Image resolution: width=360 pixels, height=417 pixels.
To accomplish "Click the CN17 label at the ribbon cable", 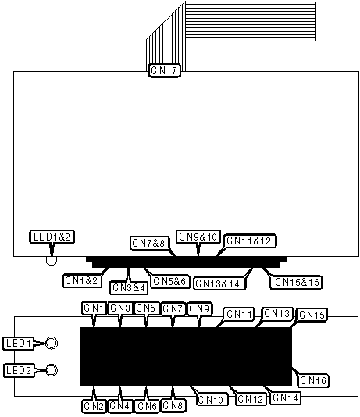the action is (x=165, y=70).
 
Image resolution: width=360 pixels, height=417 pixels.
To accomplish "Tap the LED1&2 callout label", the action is (x=52, y=237).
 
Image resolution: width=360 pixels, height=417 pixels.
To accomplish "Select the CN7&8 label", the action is (x=150, y=243).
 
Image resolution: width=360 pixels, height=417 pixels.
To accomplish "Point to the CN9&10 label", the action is (x=198, y=237).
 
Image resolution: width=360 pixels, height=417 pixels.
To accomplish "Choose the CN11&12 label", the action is (x=250, y=241).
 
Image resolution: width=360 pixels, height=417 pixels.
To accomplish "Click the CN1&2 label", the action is (x=82, y=280).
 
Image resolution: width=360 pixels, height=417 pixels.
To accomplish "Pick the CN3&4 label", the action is (x=129, y=287).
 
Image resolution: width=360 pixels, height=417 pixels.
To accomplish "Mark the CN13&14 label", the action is (x=220, y=283).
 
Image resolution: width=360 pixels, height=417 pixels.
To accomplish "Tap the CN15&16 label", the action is (x=296, y=282).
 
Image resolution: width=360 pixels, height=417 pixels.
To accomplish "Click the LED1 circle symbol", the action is (x=51, y=343).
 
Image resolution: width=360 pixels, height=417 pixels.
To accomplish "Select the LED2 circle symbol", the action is (x=51, y=370).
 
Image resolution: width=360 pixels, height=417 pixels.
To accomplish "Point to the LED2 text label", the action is (x=20, y=370).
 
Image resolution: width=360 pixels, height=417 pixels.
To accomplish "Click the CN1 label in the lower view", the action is (x=94, y=308).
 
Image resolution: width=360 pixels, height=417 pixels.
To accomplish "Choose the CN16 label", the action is (x=313, y=380).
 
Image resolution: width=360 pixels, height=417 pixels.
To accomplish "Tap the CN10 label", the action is (x=212, y=400).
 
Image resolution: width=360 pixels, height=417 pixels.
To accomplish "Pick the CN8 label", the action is (x=173, y=405).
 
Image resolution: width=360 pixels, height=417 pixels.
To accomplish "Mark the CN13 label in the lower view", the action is (x=277, y=314).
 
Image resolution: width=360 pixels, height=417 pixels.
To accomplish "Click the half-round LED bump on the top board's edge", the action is (x=52, y=261).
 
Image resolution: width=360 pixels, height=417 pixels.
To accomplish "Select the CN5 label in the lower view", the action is (x=147, y=308).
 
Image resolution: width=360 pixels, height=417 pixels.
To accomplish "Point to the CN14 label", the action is (x=285, y=398).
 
